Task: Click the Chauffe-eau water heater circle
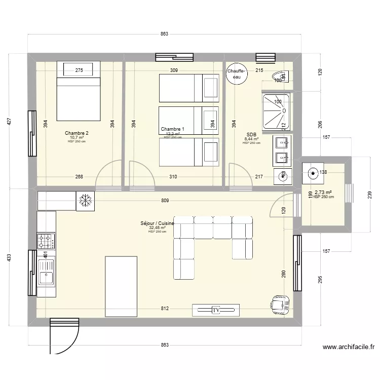[x=236, y=74]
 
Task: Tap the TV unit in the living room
[x=215, y=310]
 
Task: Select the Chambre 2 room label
[x=77, y=133]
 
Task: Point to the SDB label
[x=251, y=134]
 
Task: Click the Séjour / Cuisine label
[x=158, y=223]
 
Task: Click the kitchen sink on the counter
[x=46, y=278]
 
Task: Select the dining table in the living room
[x=121, y=285]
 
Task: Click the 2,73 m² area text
[x=323, y=193]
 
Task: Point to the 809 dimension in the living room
[x=165, y=201]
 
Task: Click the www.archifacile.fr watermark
[x=348, y=347]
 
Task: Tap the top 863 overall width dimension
[x=164, y=34]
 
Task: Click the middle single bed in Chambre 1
[x=188, y=120]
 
